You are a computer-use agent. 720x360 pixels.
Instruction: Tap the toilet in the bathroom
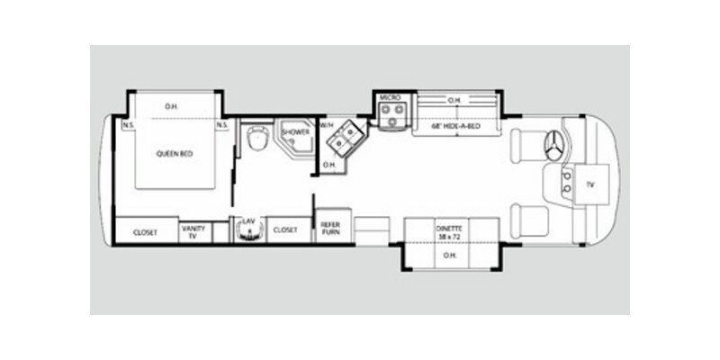256,140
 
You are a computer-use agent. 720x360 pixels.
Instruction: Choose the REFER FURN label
328,229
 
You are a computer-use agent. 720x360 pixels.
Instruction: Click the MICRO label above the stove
389,96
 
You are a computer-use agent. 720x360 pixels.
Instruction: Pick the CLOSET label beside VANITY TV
146,231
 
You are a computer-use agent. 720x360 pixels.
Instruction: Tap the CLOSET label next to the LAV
285,230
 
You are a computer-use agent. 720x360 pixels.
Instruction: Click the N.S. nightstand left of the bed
129,125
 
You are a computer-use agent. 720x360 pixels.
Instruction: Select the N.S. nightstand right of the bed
220,125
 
